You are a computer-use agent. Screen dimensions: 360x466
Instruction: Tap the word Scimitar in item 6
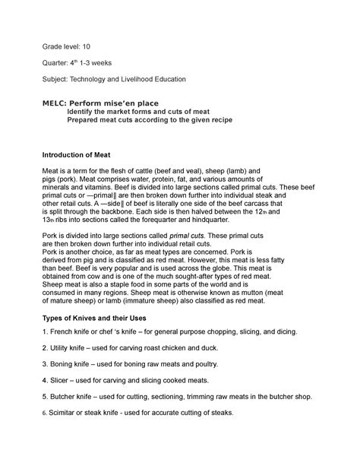(x=65, y=412)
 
